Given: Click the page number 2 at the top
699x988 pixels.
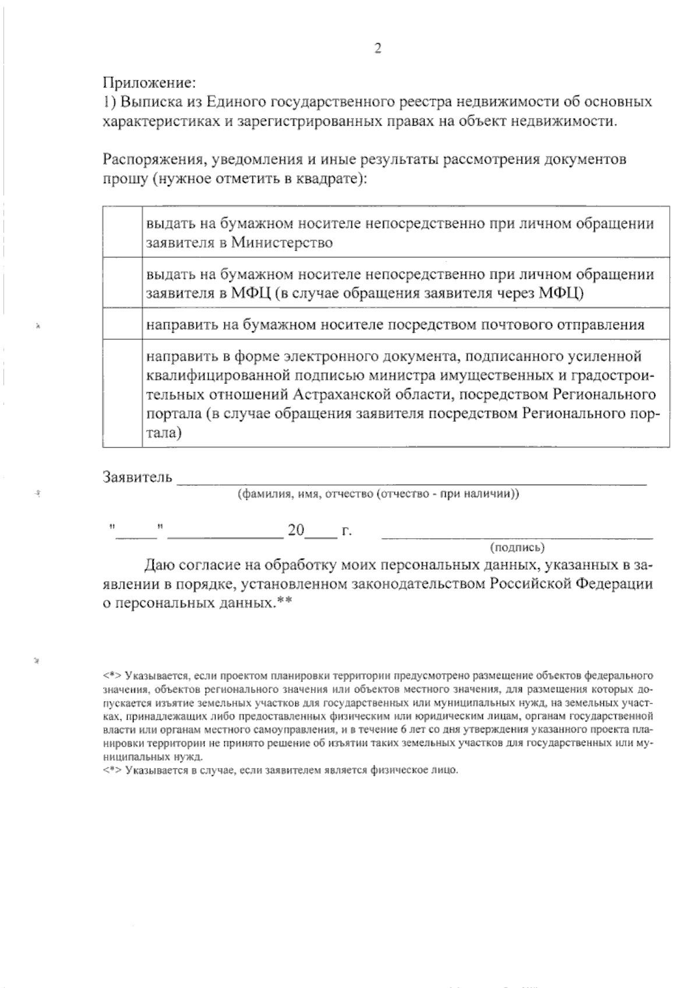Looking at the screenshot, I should [377, 49].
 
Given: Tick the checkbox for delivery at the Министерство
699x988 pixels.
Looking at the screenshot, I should [122, 232].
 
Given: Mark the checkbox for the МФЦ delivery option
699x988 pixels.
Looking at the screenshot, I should [122, 283].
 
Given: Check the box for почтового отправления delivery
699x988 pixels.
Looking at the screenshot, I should [122, 324].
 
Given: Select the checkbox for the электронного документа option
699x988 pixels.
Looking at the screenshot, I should [122, 393].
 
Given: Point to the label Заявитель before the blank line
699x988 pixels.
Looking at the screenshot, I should [137, 477].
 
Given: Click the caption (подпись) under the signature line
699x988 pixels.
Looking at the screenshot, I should [517, 547].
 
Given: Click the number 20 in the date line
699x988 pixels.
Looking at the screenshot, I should [296, 530].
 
